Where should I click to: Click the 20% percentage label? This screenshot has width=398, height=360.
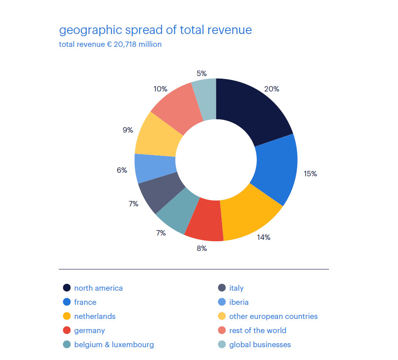click(x=272, y=89)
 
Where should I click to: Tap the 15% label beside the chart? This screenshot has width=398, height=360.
click(x=310, y=174)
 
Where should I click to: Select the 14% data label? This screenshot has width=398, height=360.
click(x=263, y=237)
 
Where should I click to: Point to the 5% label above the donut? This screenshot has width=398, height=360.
click(x=202, y=73)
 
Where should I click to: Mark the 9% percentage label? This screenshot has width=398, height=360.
click(x=128, y=130)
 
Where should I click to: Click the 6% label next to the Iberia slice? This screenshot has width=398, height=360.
click(x=122, y=170)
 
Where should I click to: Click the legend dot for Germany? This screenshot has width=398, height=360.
click(x=67, y=330)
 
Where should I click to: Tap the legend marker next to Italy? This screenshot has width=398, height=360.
click(x=222, y=288)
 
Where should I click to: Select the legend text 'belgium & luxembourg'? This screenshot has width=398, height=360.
click(x=114, y=345)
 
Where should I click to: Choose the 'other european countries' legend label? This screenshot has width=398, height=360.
click(x=273, y=316)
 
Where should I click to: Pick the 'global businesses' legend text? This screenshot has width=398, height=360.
click(x=260, y=345)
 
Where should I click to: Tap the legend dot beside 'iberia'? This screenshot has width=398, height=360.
click(x=222, y=302)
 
